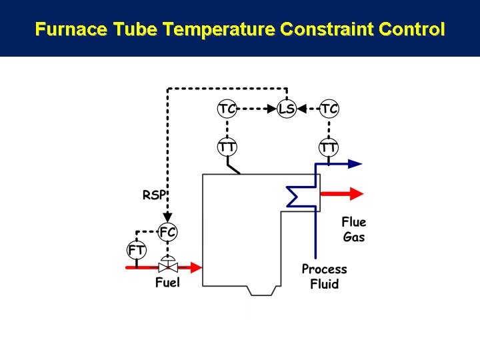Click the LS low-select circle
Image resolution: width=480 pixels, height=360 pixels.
point(286,109)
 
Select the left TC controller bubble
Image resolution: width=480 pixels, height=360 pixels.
point(227,109)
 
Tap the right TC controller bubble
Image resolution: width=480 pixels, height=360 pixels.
point(329,109)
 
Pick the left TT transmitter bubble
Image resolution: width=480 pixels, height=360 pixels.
point(227,147)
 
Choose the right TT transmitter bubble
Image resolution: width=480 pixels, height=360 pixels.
point(329,147)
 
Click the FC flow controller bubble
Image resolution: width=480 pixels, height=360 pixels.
point(168,233)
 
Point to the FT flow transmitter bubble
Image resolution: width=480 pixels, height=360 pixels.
point(136,250)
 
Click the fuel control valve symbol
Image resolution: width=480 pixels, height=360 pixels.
point(168,267)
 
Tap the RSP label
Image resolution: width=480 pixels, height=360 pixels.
point(154,195)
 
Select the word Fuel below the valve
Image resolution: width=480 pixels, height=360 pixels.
point(167,283)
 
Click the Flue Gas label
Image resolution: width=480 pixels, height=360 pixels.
point(354,229)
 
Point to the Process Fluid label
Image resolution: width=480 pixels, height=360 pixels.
point(325,277)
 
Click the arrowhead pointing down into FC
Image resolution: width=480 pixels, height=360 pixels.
point(168,217)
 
